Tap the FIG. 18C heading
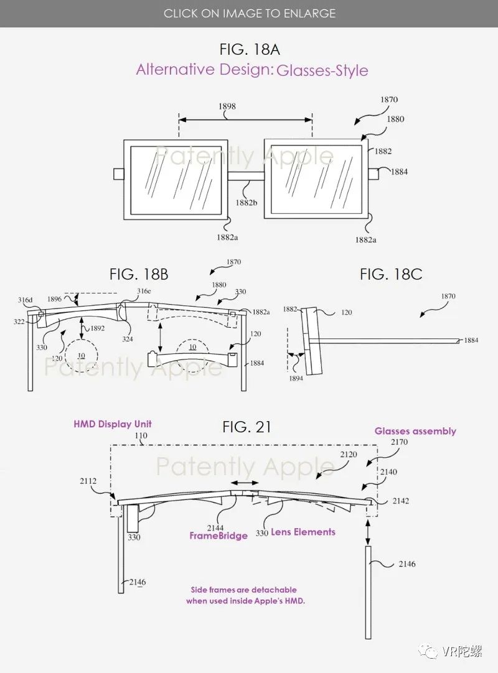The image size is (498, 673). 391,273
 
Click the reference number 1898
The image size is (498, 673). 227,106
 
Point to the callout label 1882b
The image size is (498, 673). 247,202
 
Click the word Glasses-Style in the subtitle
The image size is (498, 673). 322,70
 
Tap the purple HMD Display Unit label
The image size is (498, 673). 113,424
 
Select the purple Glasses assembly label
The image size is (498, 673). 415,431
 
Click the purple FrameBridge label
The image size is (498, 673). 218,536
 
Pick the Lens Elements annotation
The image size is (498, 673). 303,532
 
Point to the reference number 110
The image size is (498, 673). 143,436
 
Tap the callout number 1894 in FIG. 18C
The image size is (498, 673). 296,378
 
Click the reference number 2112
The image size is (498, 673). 88,480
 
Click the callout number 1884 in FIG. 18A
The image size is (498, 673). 399,172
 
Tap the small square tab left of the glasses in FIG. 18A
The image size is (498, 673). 118,174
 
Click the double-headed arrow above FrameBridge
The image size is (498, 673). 244,483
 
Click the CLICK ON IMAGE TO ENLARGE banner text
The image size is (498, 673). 249,13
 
